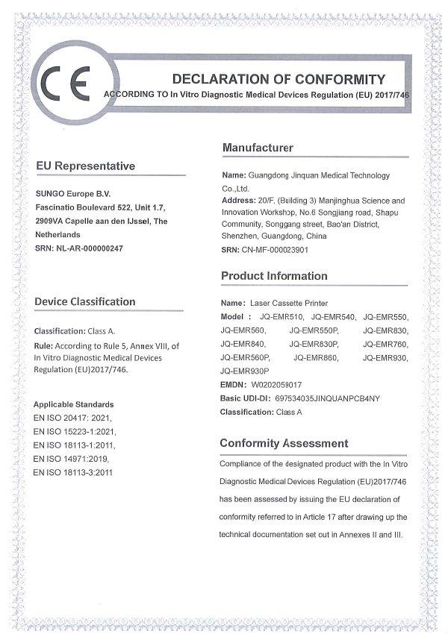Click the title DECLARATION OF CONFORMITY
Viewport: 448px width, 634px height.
tap(279, 79)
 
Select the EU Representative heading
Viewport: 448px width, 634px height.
tap(86, 166)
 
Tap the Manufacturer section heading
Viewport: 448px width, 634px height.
tap(258, 148)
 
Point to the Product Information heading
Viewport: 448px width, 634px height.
tap(274, 276)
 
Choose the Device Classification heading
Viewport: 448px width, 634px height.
tap(85, 301)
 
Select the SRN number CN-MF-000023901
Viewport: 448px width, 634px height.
tap(276, 250)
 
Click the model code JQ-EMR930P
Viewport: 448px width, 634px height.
tap(245, 371)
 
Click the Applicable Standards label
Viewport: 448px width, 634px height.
tap(73, 404)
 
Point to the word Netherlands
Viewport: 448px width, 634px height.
tap(57, 233)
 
